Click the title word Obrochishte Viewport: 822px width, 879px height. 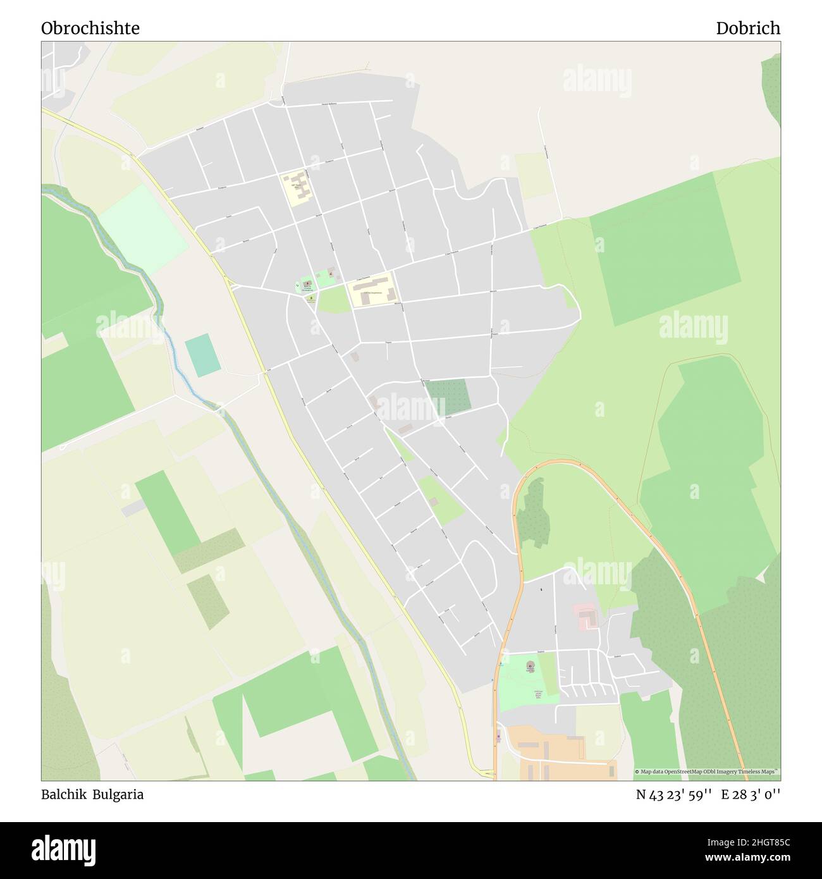coord(90,28)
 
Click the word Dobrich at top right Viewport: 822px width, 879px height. coord(747,28)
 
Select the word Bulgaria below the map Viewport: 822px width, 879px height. coord(118,794)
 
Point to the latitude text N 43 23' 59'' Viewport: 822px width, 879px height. coord(673,794)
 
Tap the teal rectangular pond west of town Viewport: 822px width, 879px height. coord(203,355)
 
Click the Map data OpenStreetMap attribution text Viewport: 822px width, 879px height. coord(707,771)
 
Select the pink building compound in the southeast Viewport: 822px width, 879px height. coord(587,617)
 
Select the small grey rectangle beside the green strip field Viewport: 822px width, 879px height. coord(133,508)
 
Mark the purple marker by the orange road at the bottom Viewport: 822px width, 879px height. coord(498,735)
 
